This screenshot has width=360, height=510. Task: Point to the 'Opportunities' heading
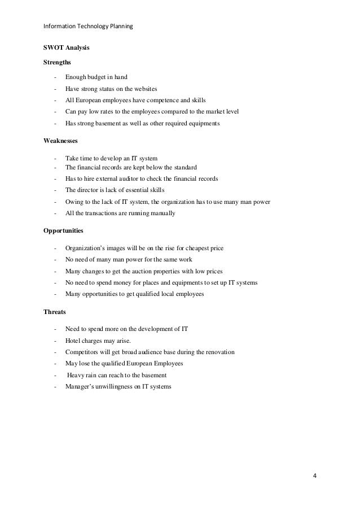[x=64, y=230]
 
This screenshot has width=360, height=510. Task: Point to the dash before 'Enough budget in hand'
[x=55, y=77]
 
